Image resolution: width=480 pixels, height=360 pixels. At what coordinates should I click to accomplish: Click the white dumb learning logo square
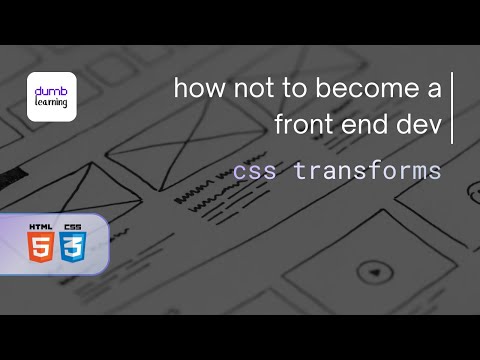[x=51, y=97]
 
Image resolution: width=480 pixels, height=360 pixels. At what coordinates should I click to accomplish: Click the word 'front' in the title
[x=306, y=125]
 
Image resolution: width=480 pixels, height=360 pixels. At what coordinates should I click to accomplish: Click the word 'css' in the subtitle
[x=254, y=171]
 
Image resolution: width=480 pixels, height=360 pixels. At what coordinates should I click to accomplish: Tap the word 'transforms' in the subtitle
[x=367, y=171]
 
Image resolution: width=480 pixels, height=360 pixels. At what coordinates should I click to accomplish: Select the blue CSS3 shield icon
[x=73, y=246]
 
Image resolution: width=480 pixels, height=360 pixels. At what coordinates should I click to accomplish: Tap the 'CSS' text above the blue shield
[x=73, y=227]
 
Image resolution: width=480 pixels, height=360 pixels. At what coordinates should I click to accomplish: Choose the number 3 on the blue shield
[x=73, y=248]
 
